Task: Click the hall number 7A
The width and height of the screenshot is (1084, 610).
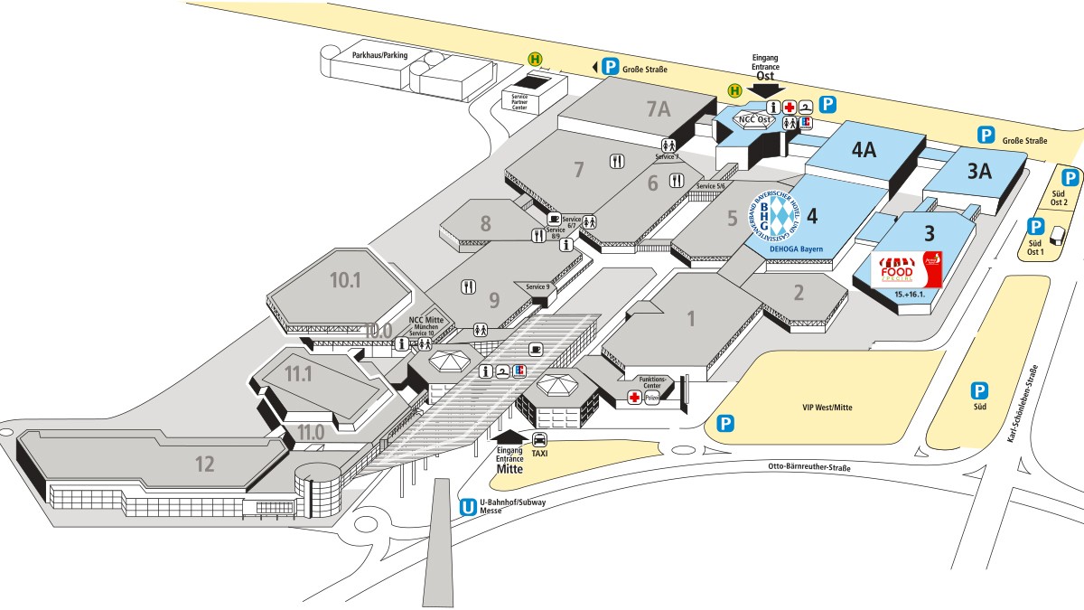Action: pos(658,109)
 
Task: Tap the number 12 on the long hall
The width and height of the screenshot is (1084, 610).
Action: pos(205,465)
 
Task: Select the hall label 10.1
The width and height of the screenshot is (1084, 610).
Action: pos(345,280)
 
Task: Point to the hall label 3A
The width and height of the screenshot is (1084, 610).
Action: pos(980,170)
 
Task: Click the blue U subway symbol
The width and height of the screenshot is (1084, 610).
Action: pos(468,509)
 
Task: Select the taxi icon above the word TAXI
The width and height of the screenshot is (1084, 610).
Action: pos(539,439)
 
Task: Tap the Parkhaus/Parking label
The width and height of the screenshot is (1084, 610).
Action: pos(379,55)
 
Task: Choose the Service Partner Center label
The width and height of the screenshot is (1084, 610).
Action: pos(519,103)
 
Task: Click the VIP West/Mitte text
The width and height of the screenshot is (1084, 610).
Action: pos(827,408)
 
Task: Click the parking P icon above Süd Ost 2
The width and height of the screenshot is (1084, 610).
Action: pos(1070,178)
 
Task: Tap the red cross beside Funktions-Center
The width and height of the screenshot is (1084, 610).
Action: pos(634,398)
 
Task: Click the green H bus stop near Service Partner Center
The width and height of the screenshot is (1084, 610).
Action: pos(537,60)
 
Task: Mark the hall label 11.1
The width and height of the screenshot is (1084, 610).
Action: pos(298,371)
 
